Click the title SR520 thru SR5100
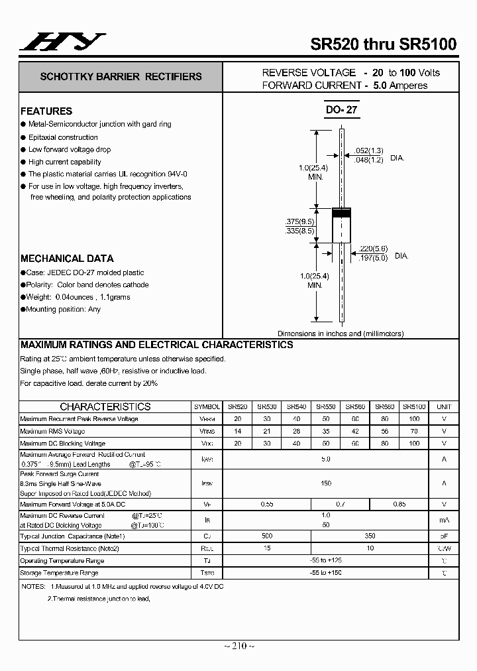(383, 44)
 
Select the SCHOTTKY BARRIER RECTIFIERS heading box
(121, 77)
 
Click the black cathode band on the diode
(341, 213)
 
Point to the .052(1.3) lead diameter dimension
(368, 151)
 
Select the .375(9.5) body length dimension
(300, 221)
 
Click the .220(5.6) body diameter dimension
(373, 249)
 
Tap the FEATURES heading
(46, 111)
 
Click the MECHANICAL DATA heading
(67, 259)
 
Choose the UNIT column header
(444, 406)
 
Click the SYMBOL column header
(207, 406)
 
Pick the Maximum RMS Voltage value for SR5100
(414, 431)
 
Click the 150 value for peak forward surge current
(326, 483)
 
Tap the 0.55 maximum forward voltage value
(267, 505)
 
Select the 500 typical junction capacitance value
(267, 536)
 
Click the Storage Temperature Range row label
(59, 573)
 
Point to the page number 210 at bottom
(238, 646)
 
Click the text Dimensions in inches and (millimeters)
(341, 334)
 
